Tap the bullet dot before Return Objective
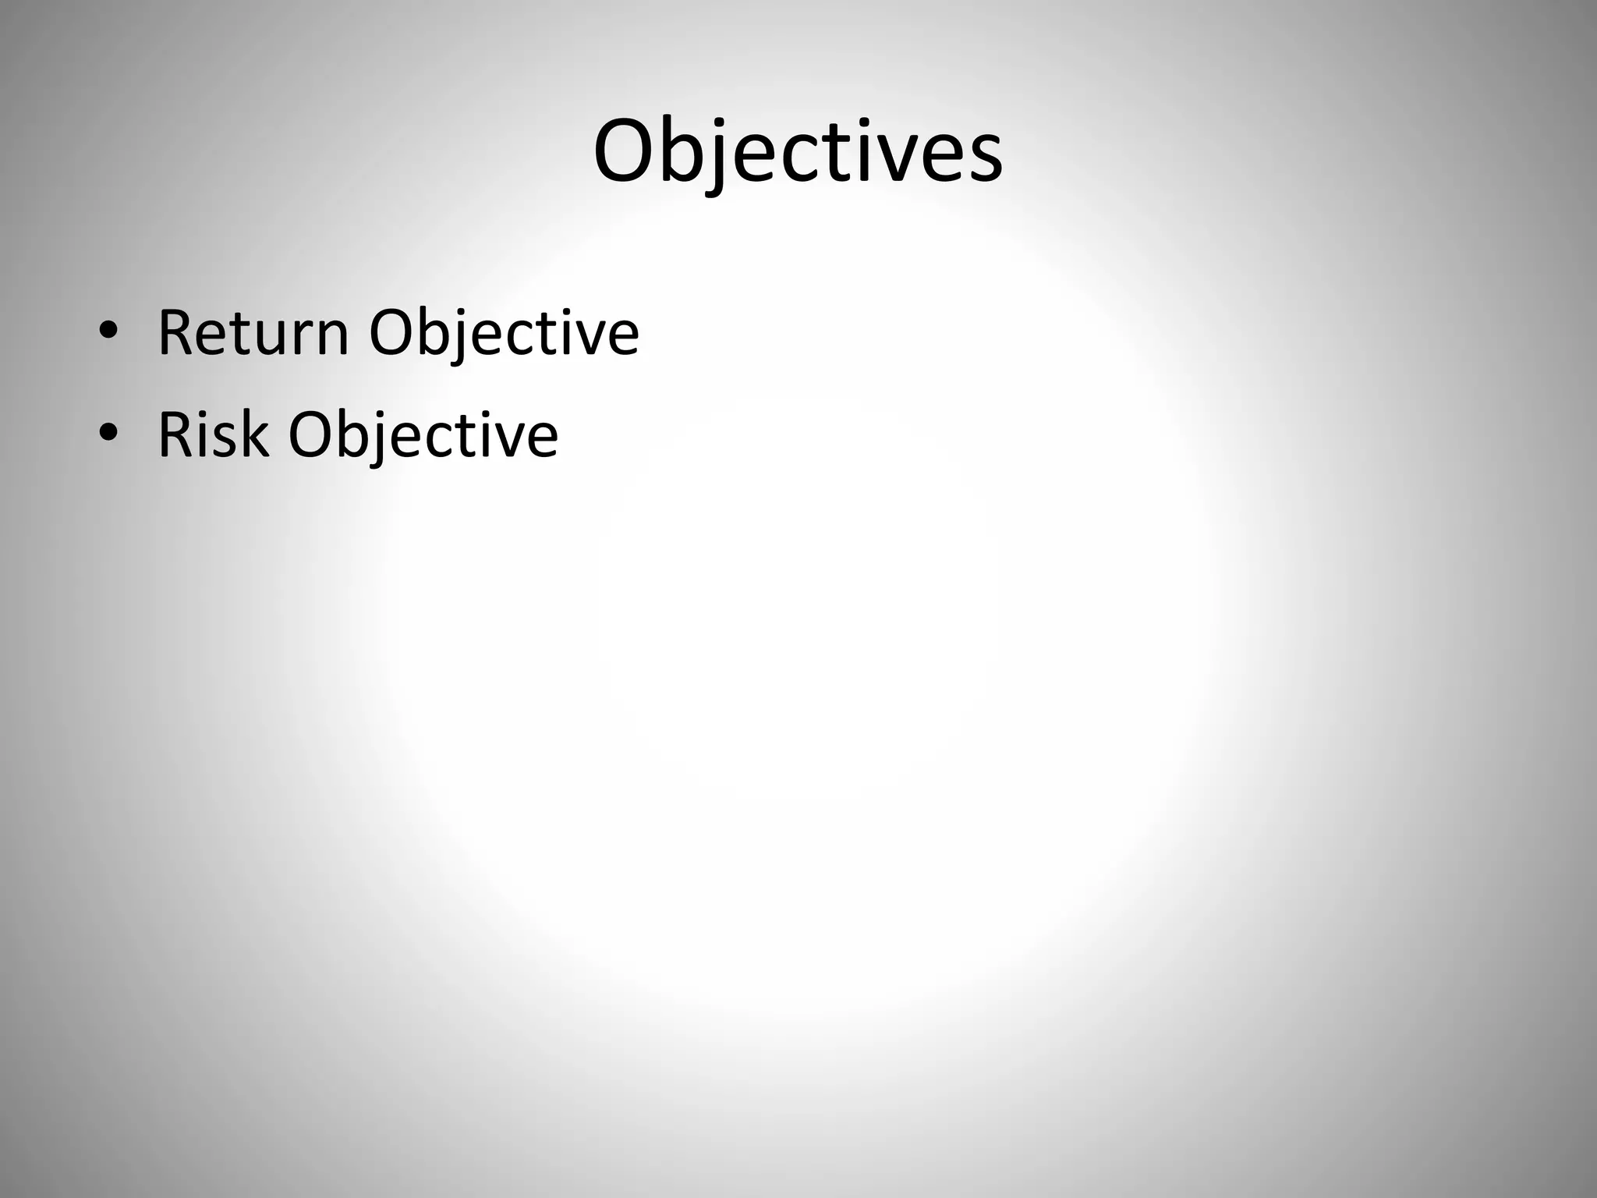click(x=108, y=332)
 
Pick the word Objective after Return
click(x=504, y=334)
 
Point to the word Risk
click(x=213, y=434)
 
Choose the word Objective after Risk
click(x=423, y=434)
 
